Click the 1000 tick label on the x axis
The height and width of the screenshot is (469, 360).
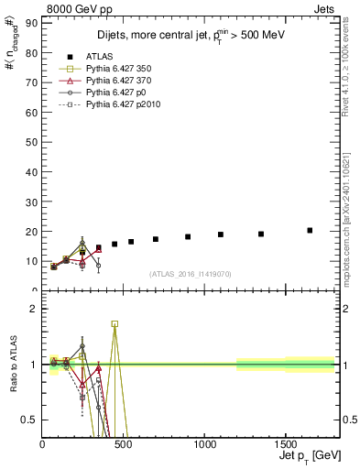pos(164,447)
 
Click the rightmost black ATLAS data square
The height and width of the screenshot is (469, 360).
pos(310,230)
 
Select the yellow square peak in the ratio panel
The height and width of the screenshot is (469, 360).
pos(115,323)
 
